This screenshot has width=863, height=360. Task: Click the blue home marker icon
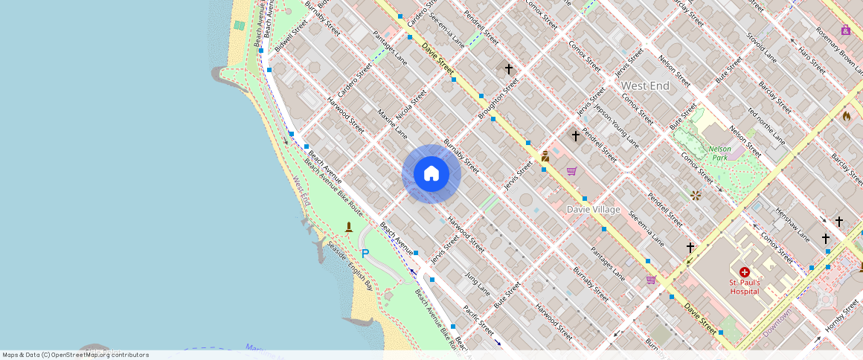point(431,174)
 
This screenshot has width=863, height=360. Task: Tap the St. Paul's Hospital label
point(744,286)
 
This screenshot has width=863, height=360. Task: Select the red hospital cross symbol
point(744,272)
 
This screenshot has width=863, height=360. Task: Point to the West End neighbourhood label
point(645,86)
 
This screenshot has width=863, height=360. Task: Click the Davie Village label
point(593,210)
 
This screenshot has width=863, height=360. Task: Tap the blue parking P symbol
point(365,254)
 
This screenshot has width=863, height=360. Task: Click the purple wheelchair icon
point(846,30)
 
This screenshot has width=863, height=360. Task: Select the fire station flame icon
point(847,115)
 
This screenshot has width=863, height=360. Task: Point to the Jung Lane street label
point(477,283)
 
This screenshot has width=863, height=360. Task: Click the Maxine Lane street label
point(392,123)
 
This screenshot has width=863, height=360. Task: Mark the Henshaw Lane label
point(792,225)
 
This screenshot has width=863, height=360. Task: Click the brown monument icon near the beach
point(349,226)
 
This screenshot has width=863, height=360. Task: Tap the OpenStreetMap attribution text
point(75,355)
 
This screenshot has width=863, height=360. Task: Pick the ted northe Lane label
point(766,124)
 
